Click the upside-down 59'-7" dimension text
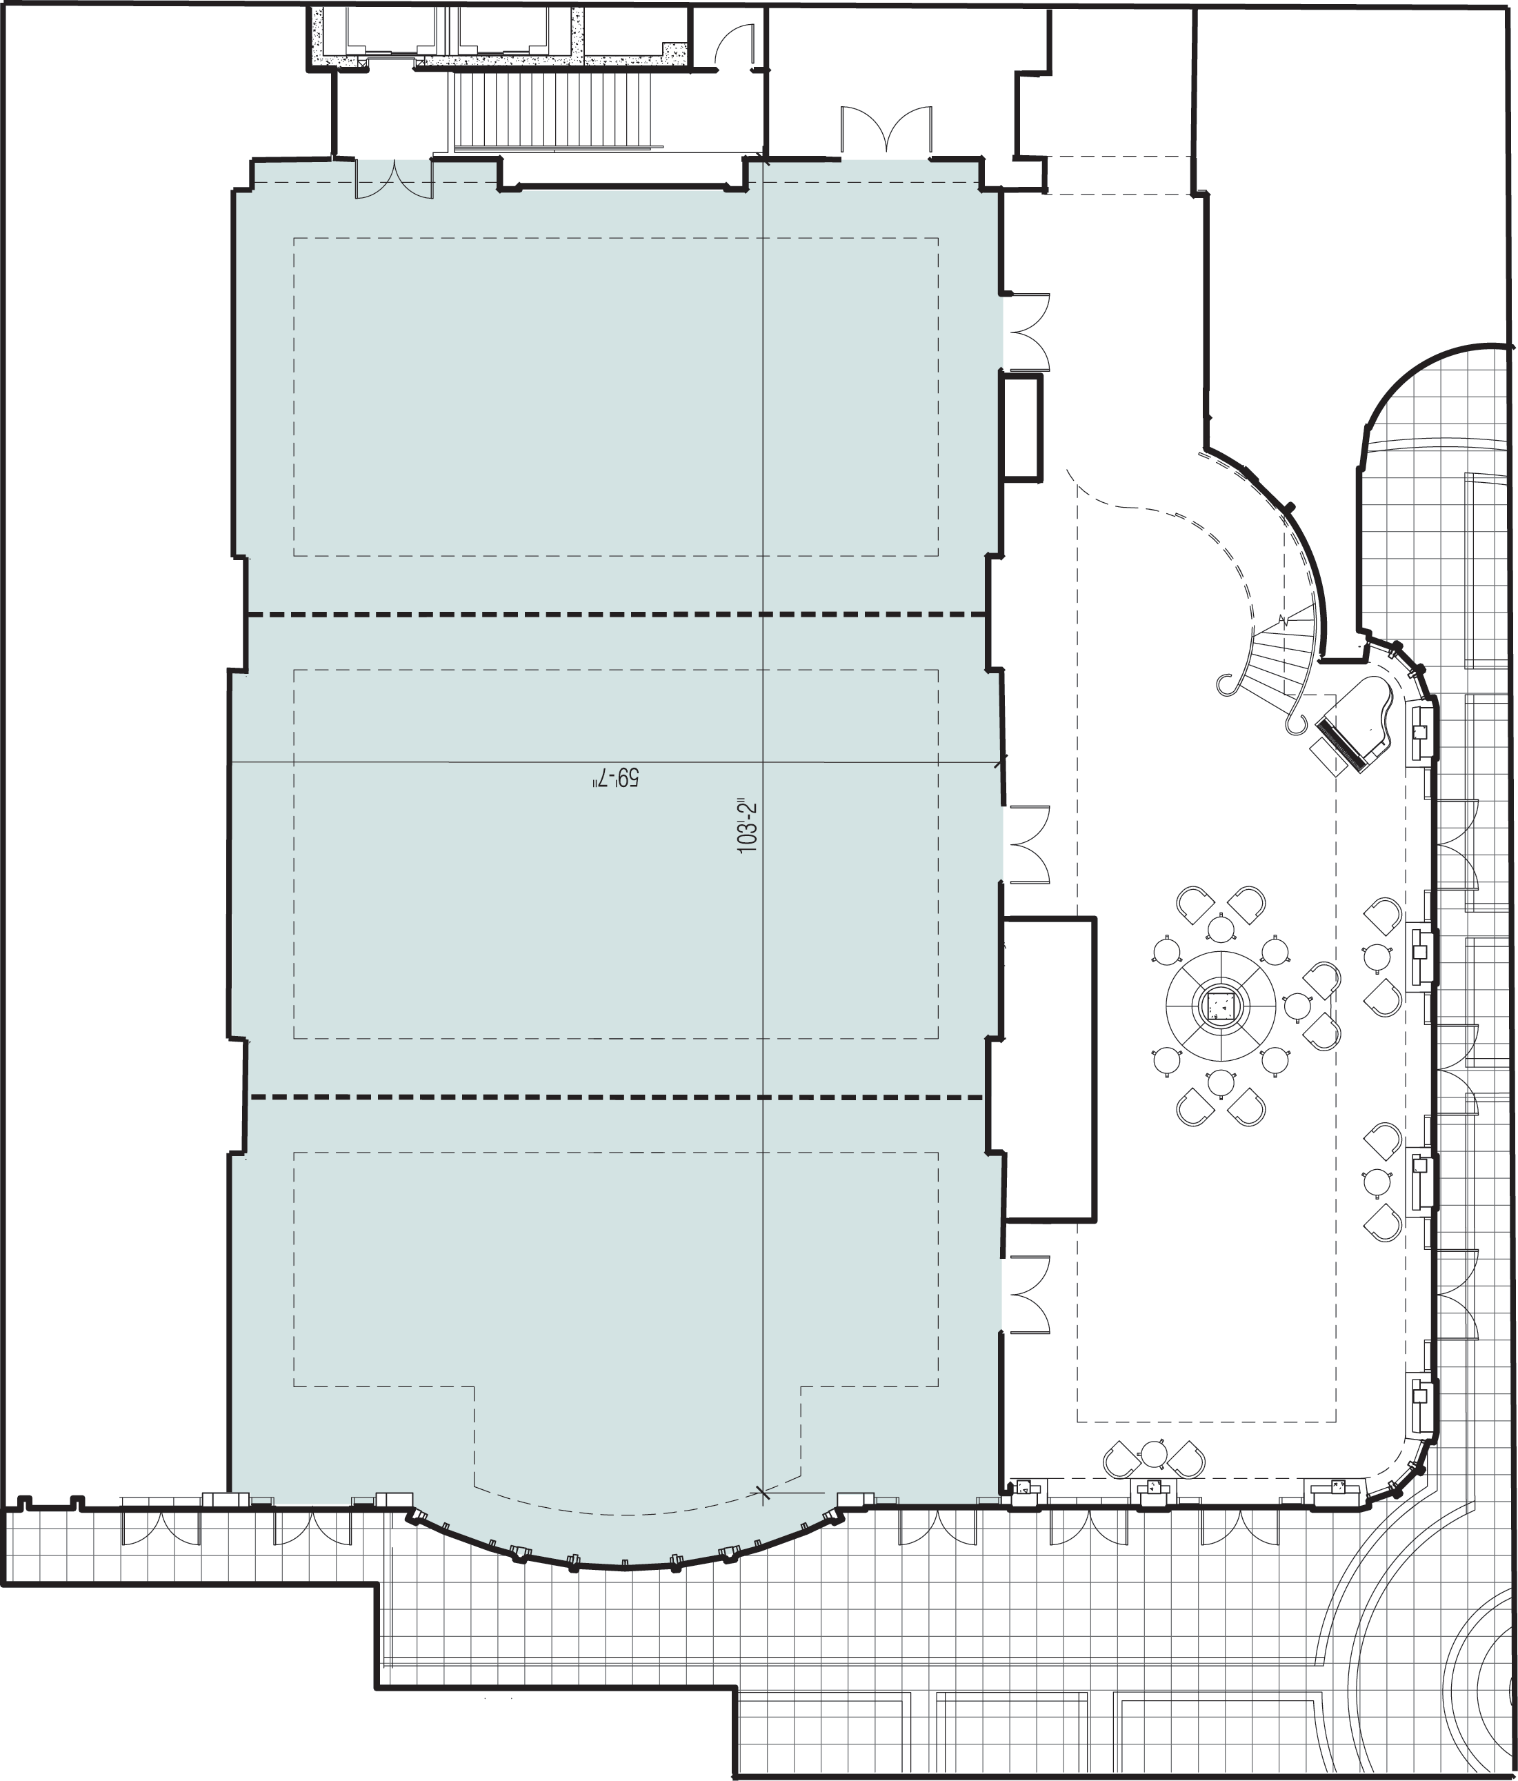[x=617, y=778]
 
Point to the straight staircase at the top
[x=555, y=111]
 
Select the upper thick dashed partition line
[x=615, y=615]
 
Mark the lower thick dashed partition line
[x=615, y=1097]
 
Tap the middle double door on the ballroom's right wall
[x=1027, y=844]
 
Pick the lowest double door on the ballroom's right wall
[x=1027, y=1295]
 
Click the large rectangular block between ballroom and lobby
[x=1050, y=1069]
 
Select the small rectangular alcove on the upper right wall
[x=1021, y=425]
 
